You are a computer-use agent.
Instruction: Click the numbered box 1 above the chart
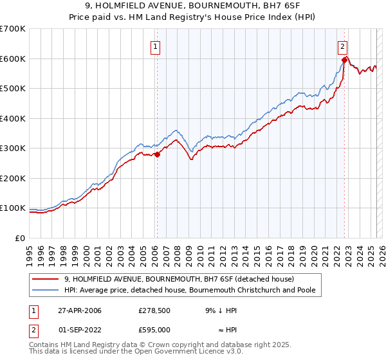click(156, 46)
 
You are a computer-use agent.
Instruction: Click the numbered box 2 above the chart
click(343, 46)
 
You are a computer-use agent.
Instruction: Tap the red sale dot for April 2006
click(157, 155)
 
